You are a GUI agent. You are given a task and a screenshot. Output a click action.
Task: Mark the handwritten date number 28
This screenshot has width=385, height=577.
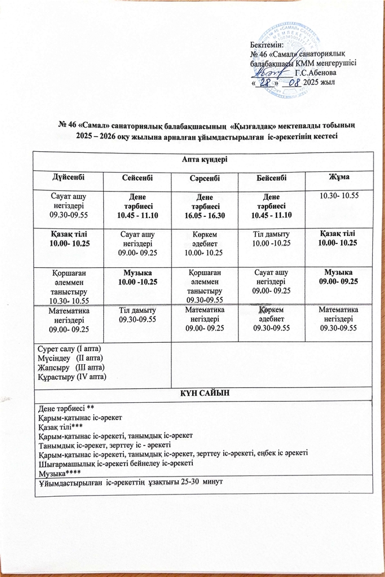pos(267,83)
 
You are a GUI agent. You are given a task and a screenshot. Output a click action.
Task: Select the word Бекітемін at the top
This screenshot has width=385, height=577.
pos(267,45)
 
